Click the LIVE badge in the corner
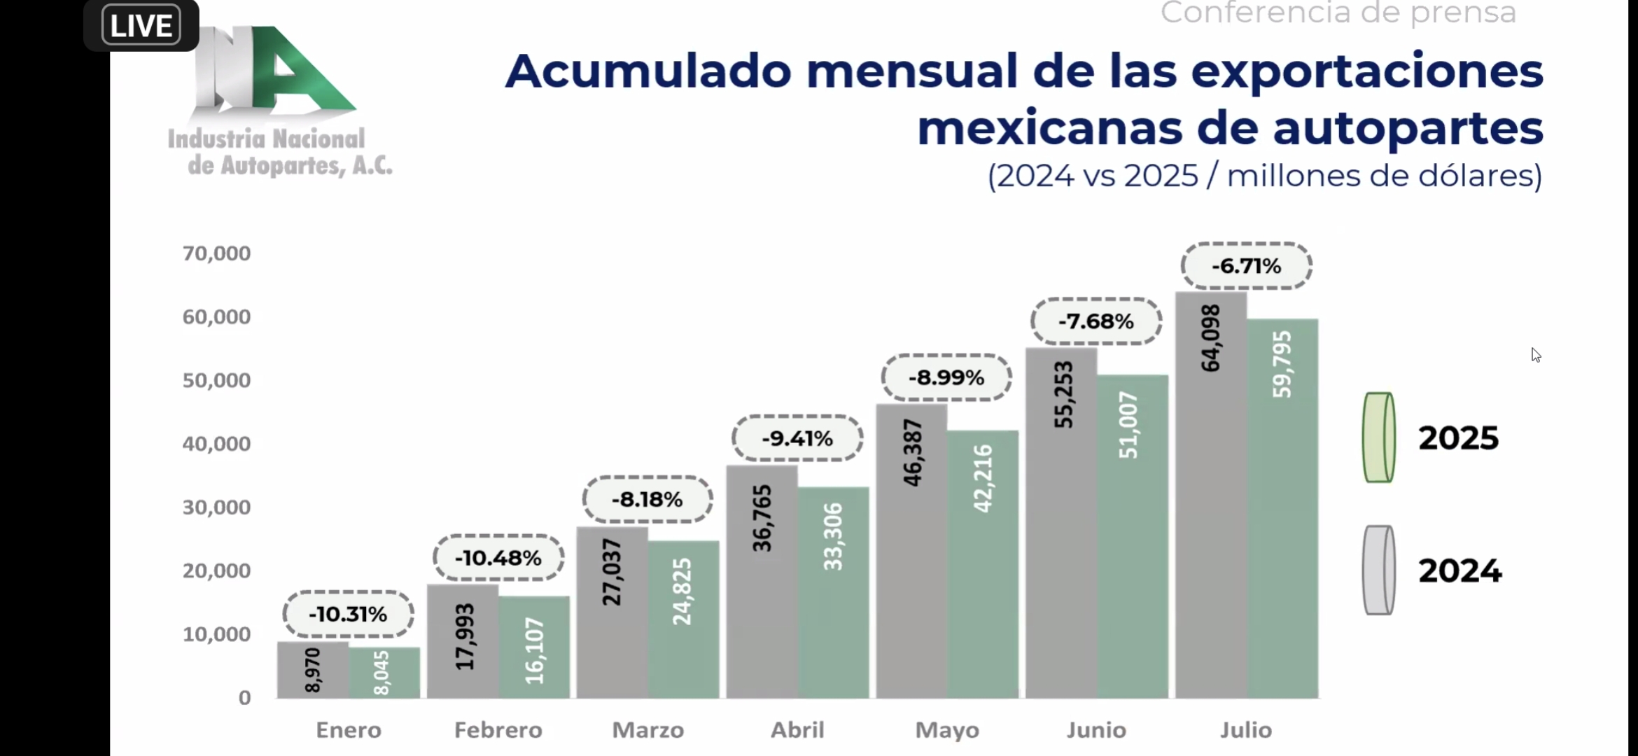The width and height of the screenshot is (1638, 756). point(141,25)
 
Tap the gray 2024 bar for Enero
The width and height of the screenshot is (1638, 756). point(313,670)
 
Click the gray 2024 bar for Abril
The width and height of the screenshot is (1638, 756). point(762,582)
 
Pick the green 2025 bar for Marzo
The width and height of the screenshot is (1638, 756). point(683,619)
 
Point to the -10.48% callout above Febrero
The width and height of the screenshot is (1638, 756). point(498,558)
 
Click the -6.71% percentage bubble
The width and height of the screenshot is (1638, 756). point(1246,266)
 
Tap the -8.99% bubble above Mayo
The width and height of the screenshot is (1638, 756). point(946,377)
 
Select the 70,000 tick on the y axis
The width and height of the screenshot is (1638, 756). point(216,253)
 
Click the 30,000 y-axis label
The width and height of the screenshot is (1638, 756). point(216,507)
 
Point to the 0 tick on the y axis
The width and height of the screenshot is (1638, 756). point(244,698)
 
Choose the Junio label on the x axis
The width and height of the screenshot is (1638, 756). point(1096,730)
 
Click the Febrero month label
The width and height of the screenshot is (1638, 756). point(498,730)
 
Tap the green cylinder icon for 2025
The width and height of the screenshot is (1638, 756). point(1378,437)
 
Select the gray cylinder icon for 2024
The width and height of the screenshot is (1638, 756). point(1378,570)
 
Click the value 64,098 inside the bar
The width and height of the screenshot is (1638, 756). point(1210,338)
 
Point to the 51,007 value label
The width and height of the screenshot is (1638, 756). point(1128,425)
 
